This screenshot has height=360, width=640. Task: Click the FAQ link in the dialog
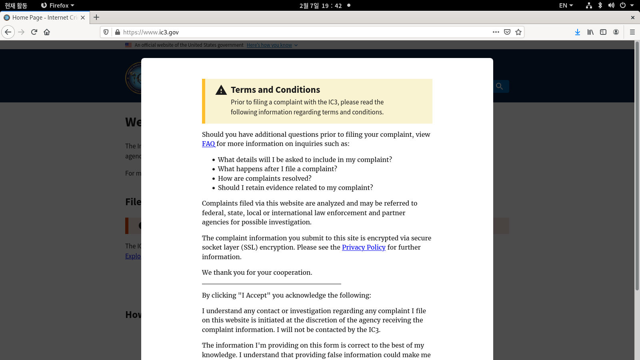tap(208, 144)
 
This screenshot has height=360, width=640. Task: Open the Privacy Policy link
tap(364, 248)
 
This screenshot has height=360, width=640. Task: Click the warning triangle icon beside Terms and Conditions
tap(221, 90)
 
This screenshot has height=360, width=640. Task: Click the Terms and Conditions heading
tap(275, 90)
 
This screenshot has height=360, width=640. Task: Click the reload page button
tap(34, 32)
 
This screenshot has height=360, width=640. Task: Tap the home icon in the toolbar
tap(47, 32)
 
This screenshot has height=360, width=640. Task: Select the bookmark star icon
tap(518, 32)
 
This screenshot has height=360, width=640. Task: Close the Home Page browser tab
tap(83, 18)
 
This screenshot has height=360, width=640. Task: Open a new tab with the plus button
tap(96, 17)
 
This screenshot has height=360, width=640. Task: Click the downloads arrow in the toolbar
tap(577, 32)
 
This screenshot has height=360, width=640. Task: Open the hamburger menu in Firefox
tap(632, 32)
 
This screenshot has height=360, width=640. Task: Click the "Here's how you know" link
tap(269, 45)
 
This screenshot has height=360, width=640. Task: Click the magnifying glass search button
tap(499, 86)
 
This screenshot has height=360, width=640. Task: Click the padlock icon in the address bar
tap(118, 32)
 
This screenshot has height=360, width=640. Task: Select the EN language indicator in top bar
tap(566, 6)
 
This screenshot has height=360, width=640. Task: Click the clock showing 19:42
tap(320, 6)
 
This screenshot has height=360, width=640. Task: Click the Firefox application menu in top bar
tap(58, 6)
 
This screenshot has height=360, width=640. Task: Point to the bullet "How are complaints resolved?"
tap(264, 178)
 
